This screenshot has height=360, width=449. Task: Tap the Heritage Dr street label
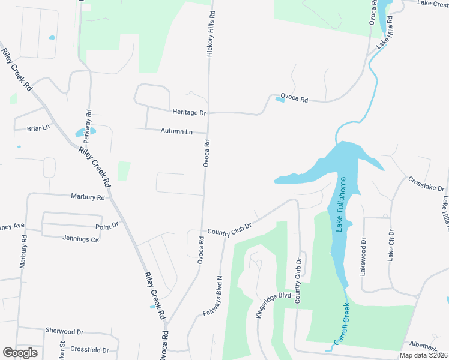(x=189, y=113)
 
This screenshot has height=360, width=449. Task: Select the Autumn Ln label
(x=176, y=131)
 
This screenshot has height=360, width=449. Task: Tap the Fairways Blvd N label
(x=213, y=296)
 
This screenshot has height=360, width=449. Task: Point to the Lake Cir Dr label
(x=390, y=245)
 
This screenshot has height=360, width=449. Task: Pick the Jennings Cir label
(x=80, y=238)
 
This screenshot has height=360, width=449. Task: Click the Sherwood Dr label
(x=64, y=331)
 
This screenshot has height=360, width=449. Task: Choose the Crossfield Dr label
(x=89, y=350)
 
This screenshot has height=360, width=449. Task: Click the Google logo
(x=20, y=353)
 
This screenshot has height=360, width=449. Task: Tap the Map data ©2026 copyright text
(x=423, y=355)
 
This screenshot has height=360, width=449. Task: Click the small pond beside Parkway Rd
(x=80, y=133)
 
